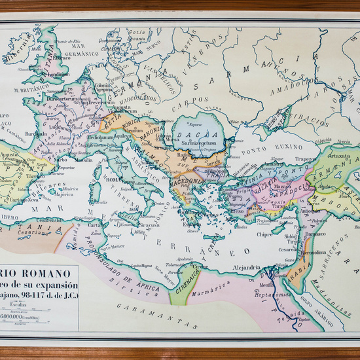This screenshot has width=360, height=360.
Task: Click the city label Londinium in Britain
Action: point(58,75)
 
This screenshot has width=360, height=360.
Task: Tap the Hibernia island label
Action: point(18,55)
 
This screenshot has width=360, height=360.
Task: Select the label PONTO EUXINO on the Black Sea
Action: point(269,148)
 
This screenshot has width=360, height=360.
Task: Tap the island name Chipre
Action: point(264,233)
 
